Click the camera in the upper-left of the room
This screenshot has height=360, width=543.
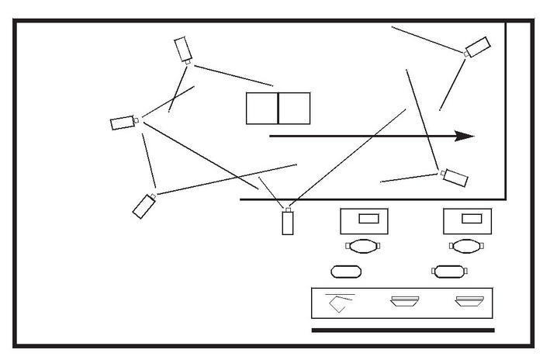[x=183, y=48]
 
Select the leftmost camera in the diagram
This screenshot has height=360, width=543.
[x=122, y=123]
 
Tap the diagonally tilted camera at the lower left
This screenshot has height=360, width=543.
[x=144, y=205]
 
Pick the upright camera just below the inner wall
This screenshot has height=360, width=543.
[x=288, y=222]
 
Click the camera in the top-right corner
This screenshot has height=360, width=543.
[x=477, y=47]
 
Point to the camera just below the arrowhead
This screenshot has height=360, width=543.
[x=455, y=177]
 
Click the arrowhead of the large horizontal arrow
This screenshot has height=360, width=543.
[x=465, y=136]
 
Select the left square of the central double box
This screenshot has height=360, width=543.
[x=262, y=109]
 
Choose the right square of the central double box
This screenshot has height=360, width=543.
[x=294, y=109]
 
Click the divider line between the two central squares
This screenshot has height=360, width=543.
[x=278, y=109]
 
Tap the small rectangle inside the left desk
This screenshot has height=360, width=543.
[x=369, y=219]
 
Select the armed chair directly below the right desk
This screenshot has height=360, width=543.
[x=465, y=247]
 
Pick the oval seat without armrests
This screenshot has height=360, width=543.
[x=346, y=272]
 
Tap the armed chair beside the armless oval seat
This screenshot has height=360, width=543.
[x=450, y=272]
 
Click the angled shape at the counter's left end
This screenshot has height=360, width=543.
[x=338, y=303]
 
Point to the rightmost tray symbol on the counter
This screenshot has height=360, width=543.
[x=469, y=302]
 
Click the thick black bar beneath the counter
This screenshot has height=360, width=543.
[x=403, y=330]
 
